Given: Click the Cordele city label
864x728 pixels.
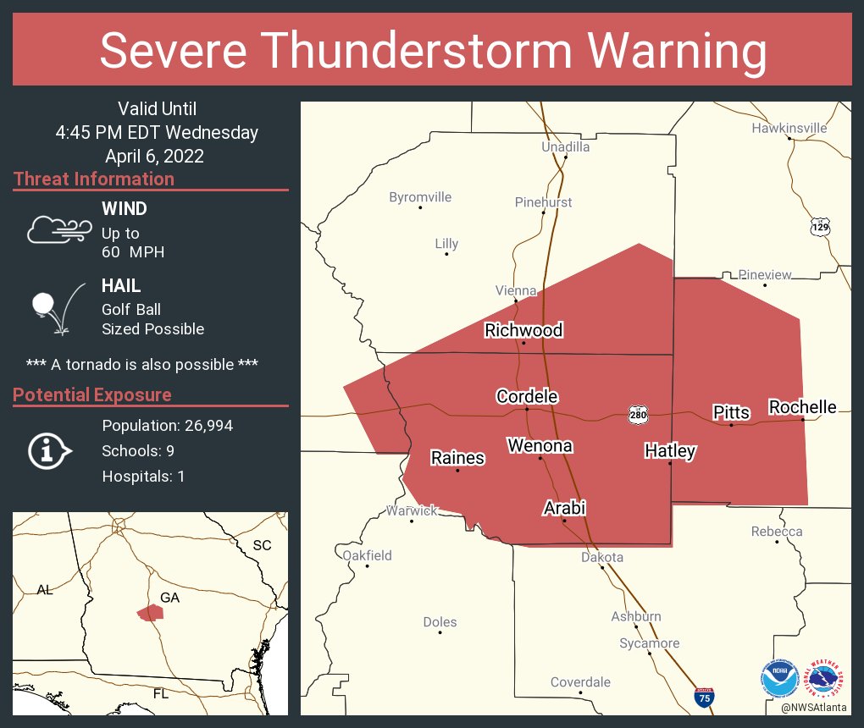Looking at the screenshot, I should (527, 396).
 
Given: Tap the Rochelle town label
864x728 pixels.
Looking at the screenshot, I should (802, 407).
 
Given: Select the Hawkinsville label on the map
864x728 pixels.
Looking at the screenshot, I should (789, 129).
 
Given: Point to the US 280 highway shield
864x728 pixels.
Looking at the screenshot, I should (638, 414).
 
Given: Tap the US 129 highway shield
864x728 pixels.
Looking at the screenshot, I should (820, 227).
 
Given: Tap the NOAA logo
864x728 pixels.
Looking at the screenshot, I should (779, 679).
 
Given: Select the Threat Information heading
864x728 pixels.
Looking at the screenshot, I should (94, 179).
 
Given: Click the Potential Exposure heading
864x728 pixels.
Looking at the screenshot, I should (92, 395).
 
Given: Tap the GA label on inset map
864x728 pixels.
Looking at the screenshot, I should (169, 597).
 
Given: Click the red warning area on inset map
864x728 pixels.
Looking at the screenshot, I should (150, 612).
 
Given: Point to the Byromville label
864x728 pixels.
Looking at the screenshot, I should (420, 197).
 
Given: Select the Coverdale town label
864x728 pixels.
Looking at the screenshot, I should (580, 682).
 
